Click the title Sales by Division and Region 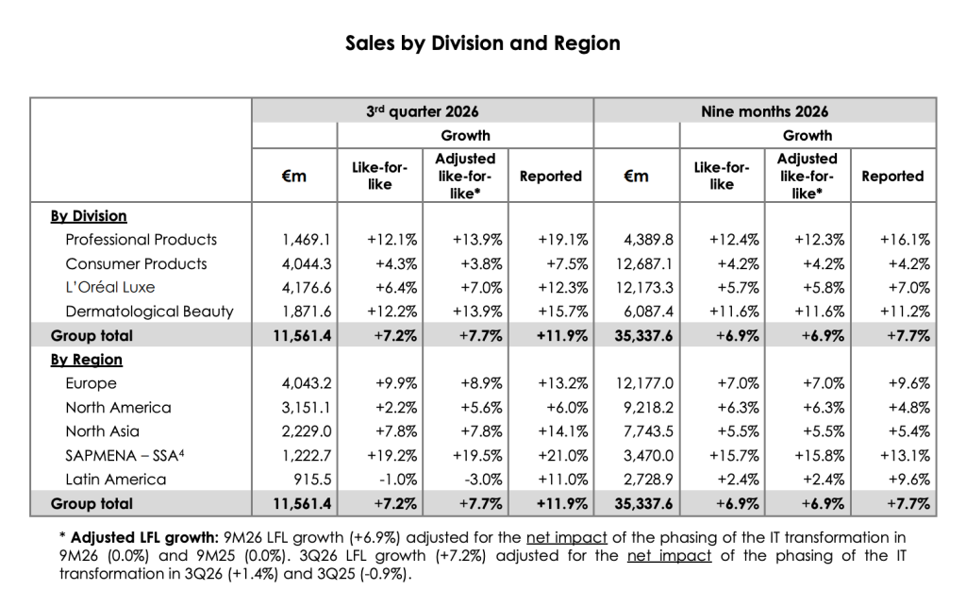point(482,43)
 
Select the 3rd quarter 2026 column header point(422,111)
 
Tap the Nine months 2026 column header point(764,111)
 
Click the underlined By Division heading point(89,215)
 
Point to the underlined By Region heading point(86,360)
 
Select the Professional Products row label point(142,239)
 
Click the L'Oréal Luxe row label point(110,287)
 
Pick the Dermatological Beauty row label point(149,312)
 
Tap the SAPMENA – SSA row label point(125,455)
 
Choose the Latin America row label point(116,480)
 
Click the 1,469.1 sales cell point(307,239)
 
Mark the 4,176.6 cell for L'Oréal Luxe point(307,287)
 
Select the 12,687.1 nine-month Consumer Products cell point(644,263)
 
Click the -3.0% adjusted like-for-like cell point(481,480)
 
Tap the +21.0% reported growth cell point(563,455)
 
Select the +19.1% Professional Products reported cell point(563,239)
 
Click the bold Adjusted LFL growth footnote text point(144,537)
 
